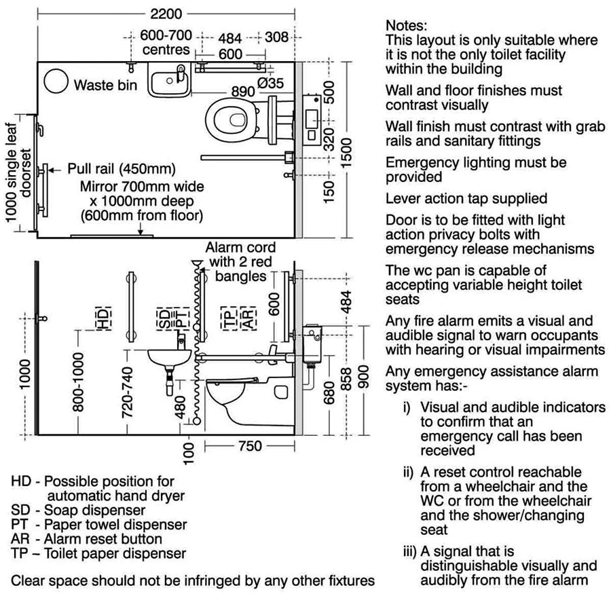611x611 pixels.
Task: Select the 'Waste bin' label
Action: point(105,85)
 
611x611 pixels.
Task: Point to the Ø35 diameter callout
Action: point(270,83)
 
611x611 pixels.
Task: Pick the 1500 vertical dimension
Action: point(348,148)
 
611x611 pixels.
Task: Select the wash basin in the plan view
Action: point(168,81)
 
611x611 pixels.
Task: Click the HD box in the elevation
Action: point(103,318)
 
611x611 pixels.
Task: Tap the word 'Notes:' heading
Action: point(407,26)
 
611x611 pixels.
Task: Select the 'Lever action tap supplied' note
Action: point(466,199)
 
